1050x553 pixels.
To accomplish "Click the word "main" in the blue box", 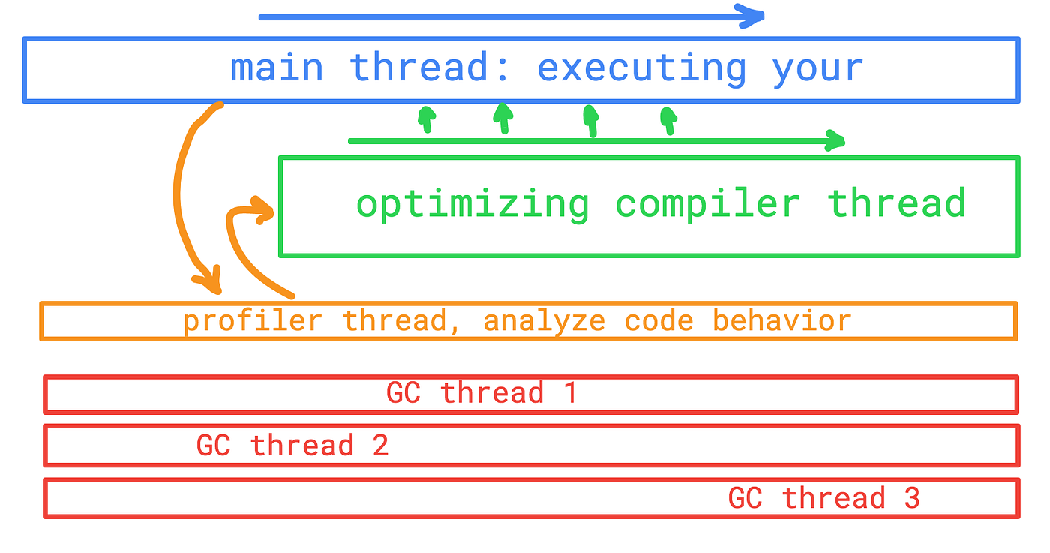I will click(x=277, y=68).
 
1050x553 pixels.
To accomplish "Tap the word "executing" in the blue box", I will click(x=642, y=68).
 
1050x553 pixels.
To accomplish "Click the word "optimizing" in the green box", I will click(x=472, y=205).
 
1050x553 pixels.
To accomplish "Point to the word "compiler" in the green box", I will click(x=707, y=205).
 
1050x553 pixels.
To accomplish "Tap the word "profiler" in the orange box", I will click(x=253, y=321).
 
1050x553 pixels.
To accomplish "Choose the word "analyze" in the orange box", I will click(x=544, y=321).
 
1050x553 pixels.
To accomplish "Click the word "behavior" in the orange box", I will click(x=781, y=321).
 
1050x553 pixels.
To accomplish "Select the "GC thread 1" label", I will click(x=481, y=393).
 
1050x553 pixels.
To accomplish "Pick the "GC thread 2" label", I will click(x=292, y=446).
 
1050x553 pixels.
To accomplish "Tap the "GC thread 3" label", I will click(x=823, y=498).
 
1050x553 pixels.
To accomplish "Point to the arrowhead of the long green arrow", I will click(x=835, y=140).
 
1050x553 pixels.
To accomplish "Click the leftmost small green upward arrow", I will click(x=427, y=118).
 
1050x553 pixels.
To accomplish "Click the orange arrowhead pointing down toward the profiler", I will click(x=210, y=281).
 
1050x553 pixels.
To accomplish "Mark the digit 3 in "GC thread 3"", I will click(x=911, y=498).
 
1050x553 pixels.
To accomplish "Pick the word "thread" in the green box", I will click(x=895, y=205).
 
